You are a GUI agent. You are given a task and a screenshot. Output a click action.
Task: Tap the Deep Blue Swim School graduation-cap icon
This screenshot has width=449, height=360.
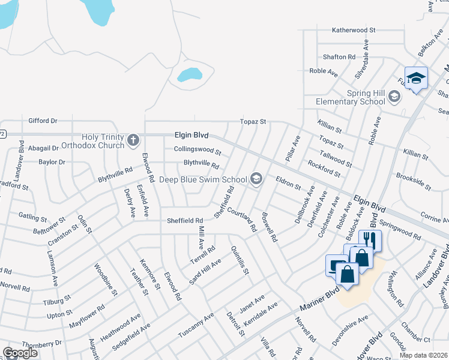[256, 179]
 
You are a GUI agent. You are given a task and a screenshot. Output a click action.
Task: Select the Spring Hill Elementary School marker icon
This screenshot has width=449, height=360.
[394, 97]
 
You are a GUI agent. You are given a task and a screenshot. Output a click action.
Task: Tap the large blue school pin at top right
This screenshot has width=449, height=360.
[416, 79]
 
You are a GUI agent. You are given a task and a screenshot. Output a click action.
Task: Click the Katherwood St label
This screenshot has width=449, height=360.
[354, 29]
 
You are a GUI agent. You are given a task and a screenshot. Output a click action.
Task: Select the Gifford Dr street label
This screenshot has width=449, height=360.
[43, 121]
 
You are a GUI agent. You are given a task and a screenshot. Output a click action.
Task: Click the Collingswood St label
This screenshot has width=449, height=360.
[197, 151]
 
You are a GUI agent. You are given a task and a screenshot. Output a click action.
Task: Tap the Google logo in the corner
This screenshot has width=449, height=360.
[20, 353]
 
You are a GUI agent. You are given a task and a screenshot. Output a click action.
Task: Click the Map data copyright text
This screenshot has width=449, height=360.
[423, 355]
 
